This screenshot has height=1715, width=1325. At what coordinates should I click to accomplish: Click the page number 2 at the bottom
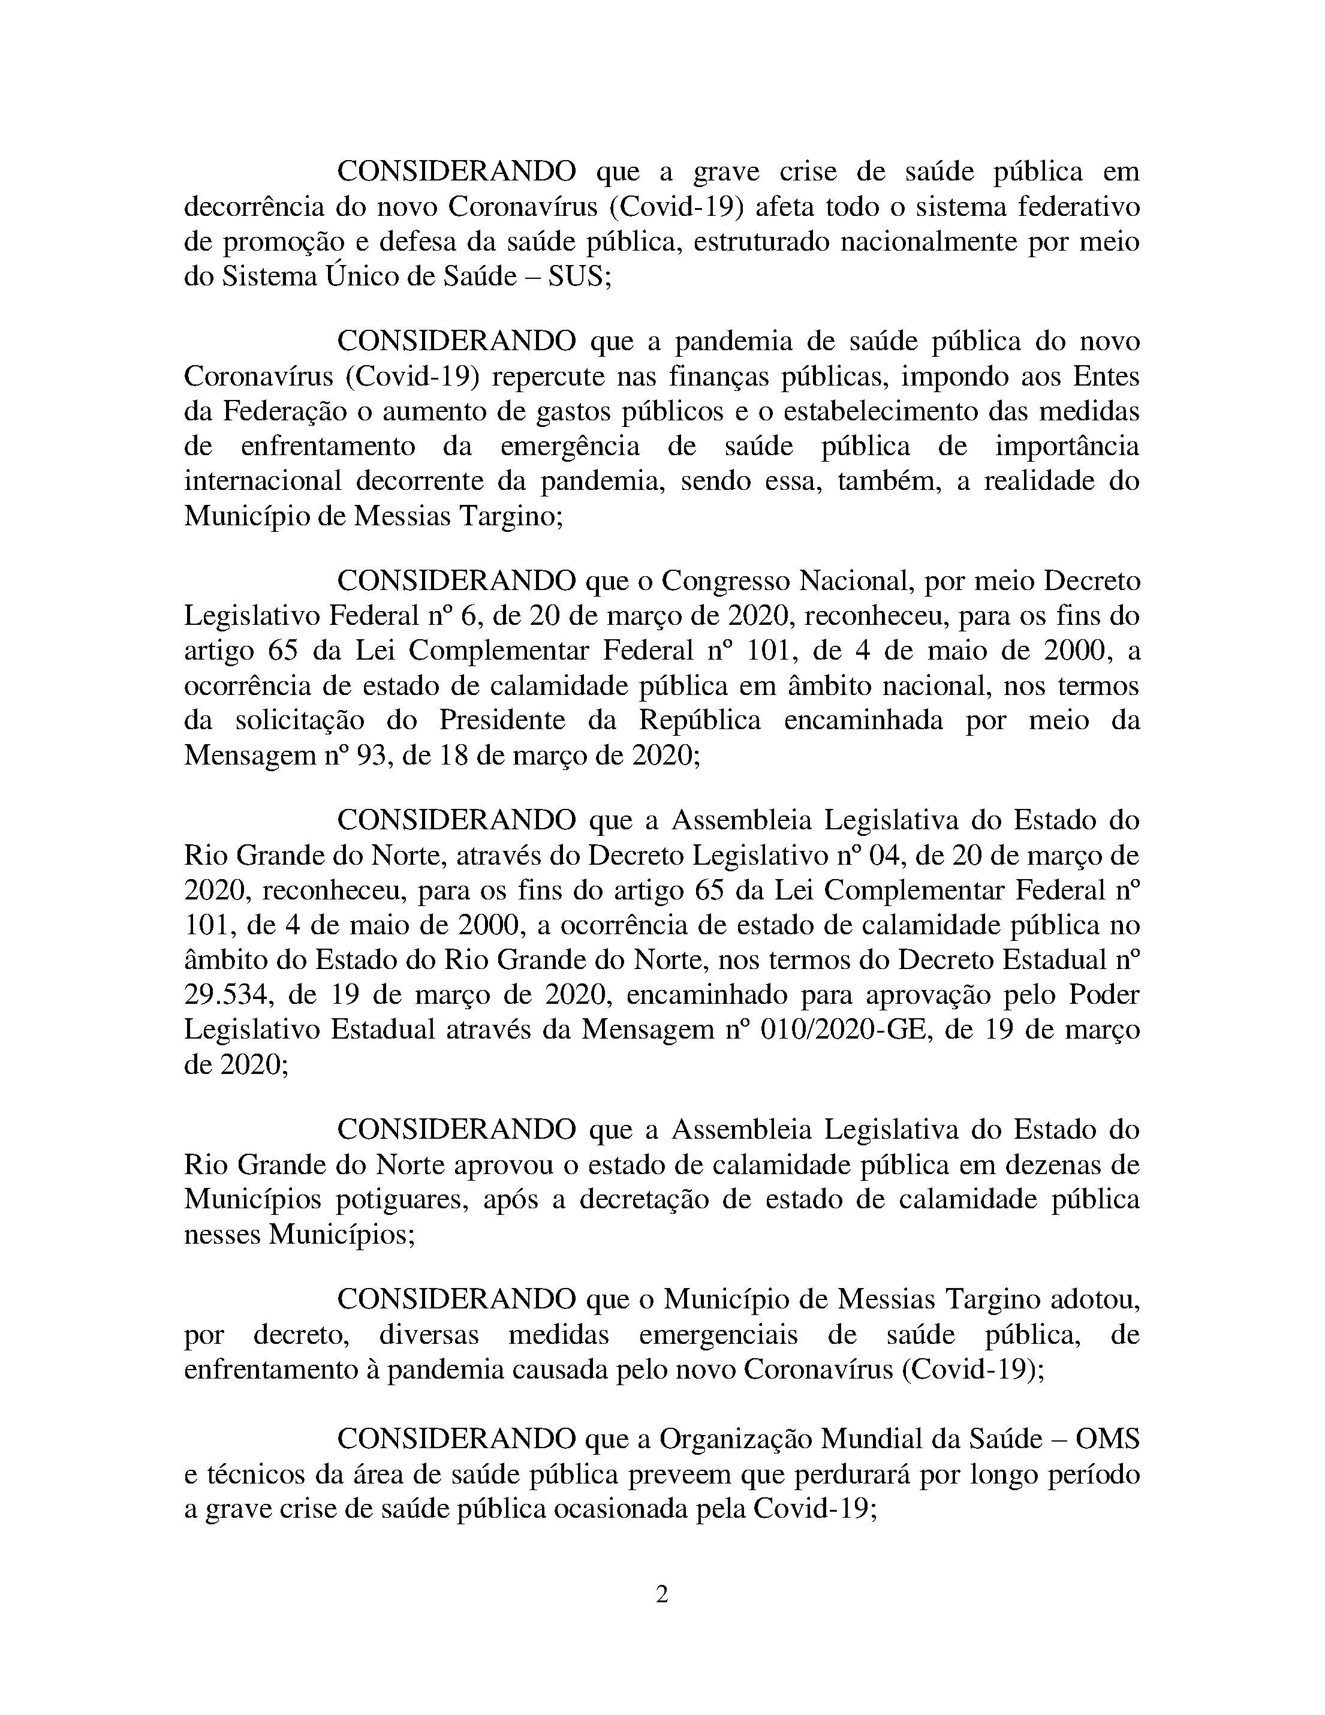[x=662, y=1594]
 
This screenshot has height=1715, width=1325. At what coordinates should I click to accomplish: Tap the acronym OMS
[x=1107, y=1439]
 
